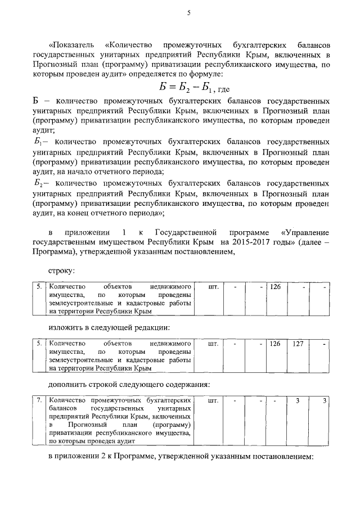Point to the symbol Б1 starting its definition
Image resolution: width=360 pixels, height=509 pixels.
coord(38,143)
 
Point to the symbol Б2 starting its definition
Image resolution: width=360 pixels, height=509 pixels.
coord(39,183)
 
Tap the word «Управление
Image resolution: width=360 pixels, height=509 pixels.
coord(304,232)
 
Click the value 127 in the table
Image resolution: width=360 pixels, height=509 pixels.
coord(298,343)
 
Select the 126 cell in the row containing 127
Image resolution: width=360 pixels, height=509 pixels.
coord(274,343)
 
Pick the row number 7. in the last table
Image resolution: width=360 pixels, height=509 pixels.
coord(39,400)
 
